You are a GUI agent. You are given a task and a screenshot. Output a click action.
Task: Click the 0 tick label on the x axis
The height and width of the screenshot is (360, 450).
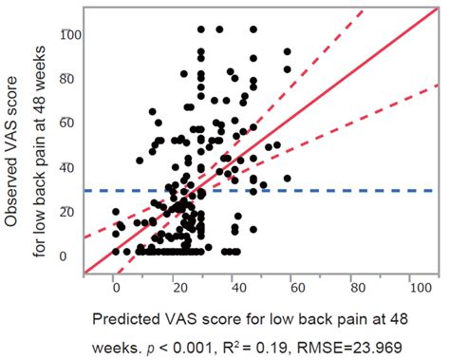pos(115,284)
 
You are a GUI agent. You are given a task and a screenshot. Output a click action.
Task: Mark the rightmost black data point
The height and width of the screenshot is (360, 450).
pos(288,178)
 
